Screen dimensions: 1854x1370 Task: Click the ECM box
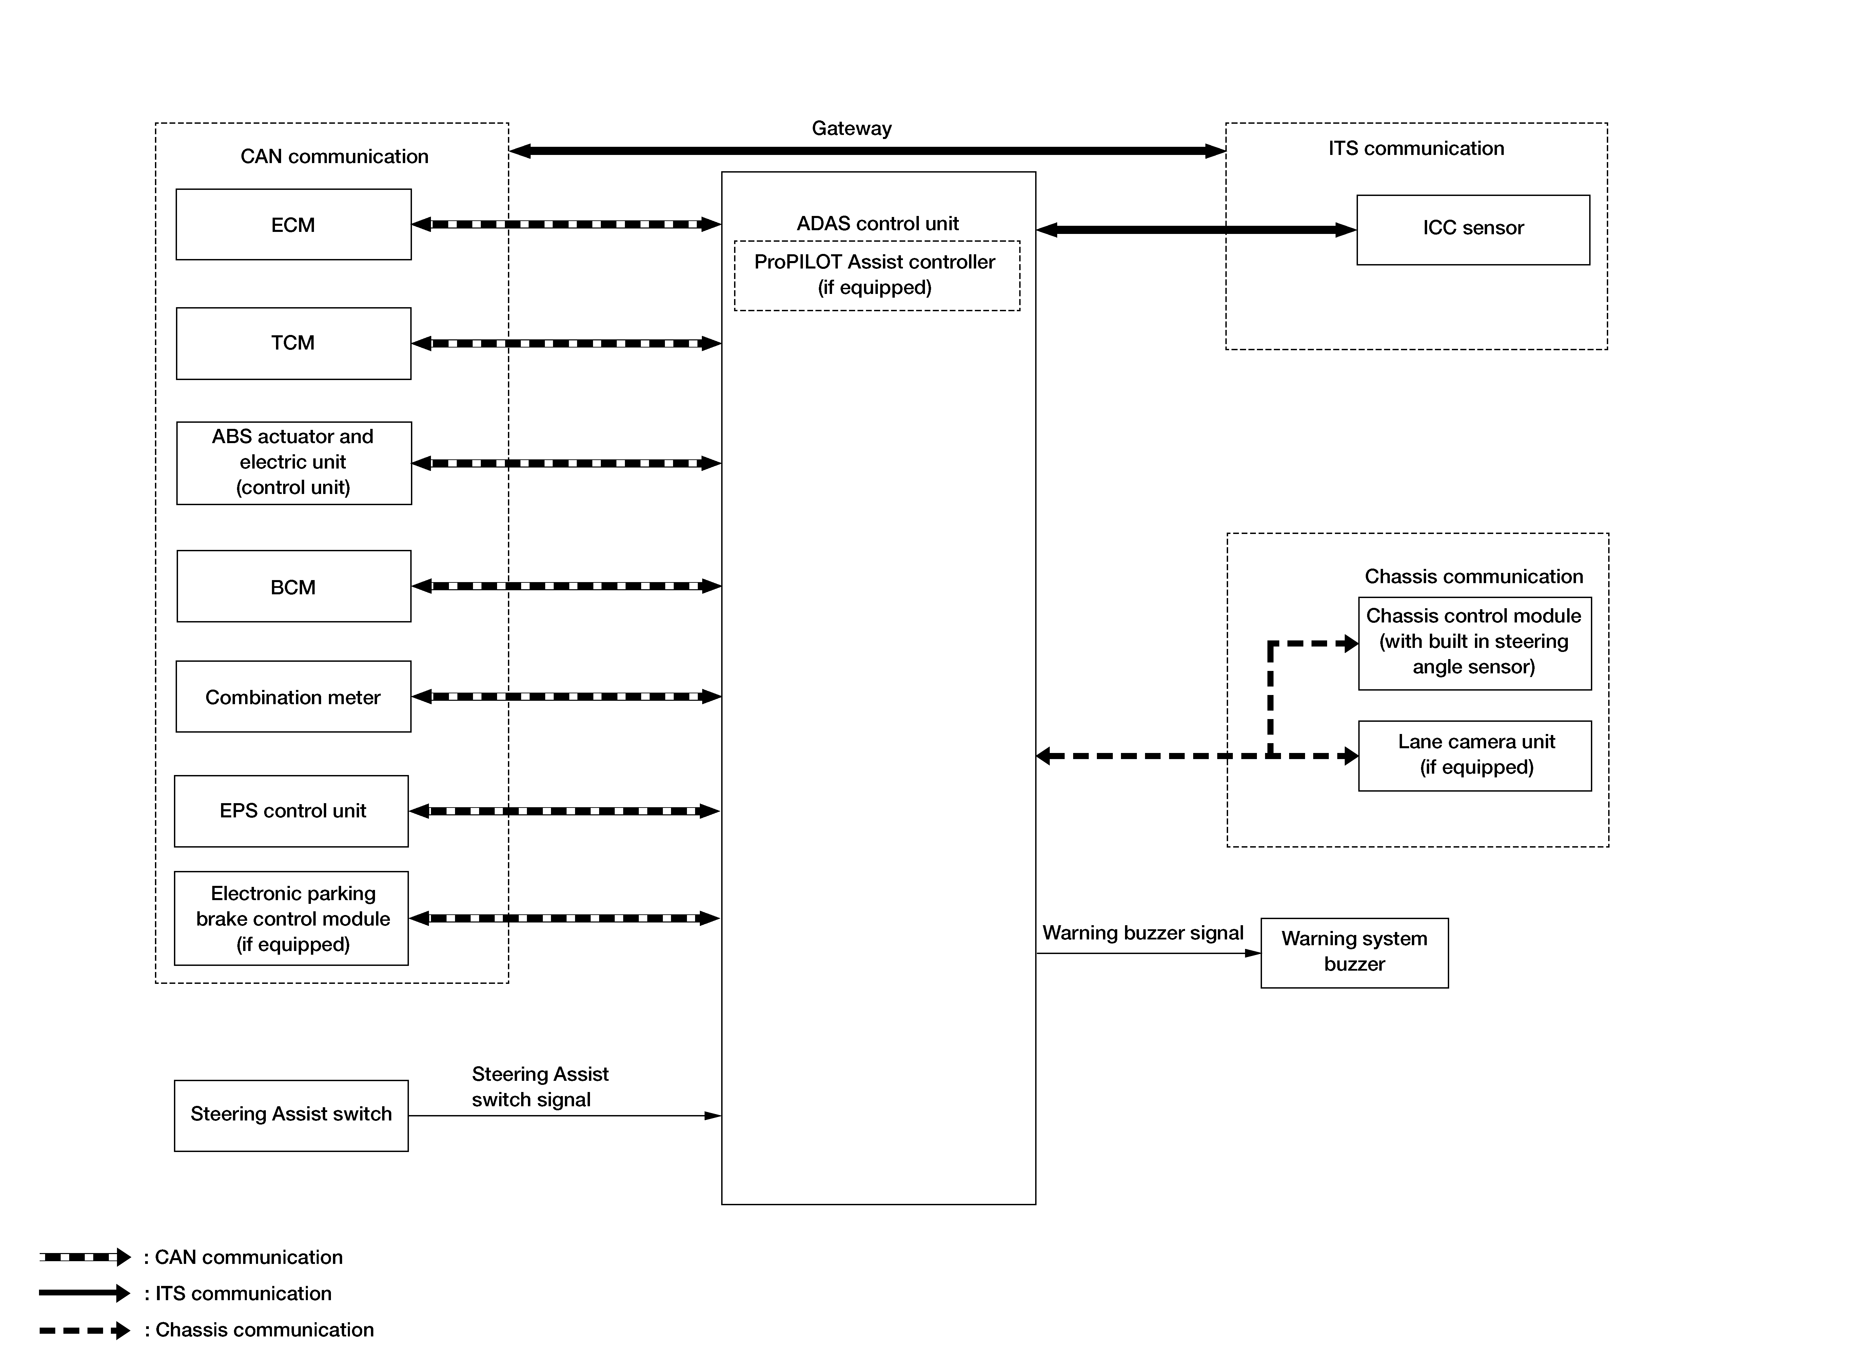pos(294,225)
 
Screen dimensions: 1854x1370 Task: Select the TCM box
pos(294,343)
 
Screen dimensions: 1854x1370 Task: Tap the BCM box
pos(294,586)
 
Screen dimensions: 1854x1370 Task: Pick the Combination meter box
pos(294,697)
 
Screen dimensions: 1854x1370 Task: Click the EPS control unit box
pos(291,811)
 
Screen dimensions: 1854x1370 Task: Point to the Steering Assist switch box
pos(291,1115)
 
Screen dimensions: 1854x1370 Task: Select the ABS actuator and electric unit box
pos(294,463)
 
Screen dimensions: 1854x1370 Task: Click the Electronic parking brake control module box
pos(291,918)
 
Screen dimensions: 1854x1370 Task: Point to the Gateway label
pos(851,128)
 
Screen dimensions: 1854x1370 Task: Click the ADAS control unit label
pos(877,224)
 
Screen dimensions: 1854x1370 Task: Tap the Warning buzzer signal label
pos(1143,933)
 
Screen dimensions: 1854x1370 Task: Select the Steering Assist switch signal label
pos(540,1086)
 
